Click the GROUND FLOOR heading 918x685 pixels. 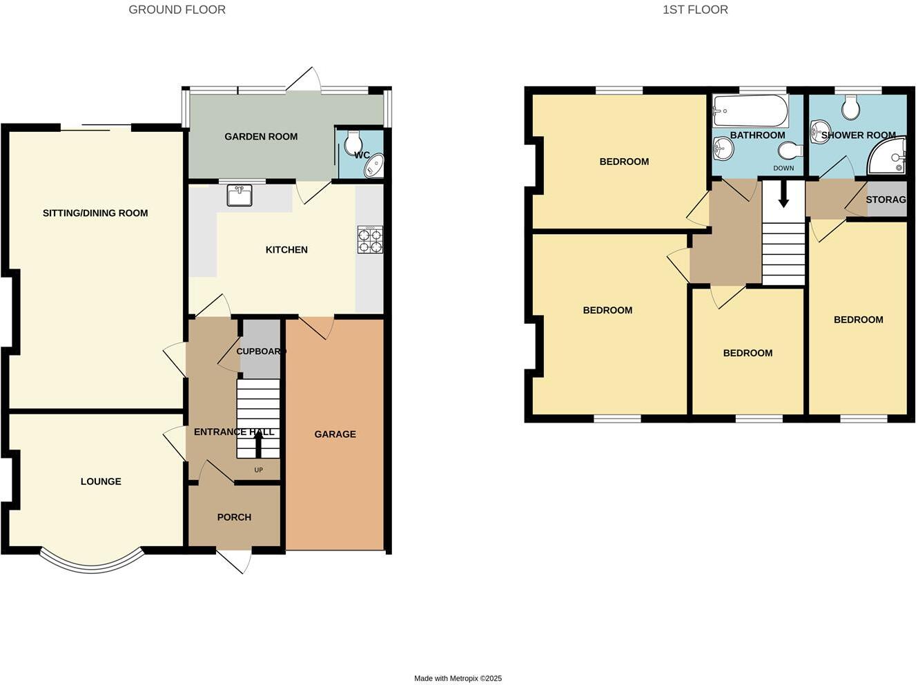[x=177, y=10]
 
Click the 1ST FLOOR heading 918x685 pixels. [x=695, y=10]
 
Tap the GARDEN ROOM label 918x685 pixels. [x=261, y=137]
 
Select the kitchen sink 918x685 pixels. [x=240, y=195]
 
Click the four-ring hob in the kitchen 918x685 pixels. [x=370, y=240]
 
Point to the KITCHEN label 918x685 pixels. [x=286, y=250]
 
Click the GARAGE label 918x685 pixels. [x=335, y=434]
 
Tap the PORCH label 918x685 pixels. [x=234, y=517]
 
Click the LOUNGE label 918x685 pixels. [x=101, y=481]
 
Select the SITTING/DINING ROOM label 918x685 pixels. [x=95, y=213]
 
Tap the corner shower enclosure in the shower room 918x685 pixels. [x=889, y=157]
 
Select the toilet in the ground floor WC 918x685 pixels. [x=353, y=141]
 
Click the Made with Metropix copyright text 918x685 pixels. [x=458, y=679]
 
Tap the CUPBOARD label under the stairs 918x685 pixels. [x=260, y=351]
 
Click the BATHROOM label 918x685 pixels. [x=757, y=135]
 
